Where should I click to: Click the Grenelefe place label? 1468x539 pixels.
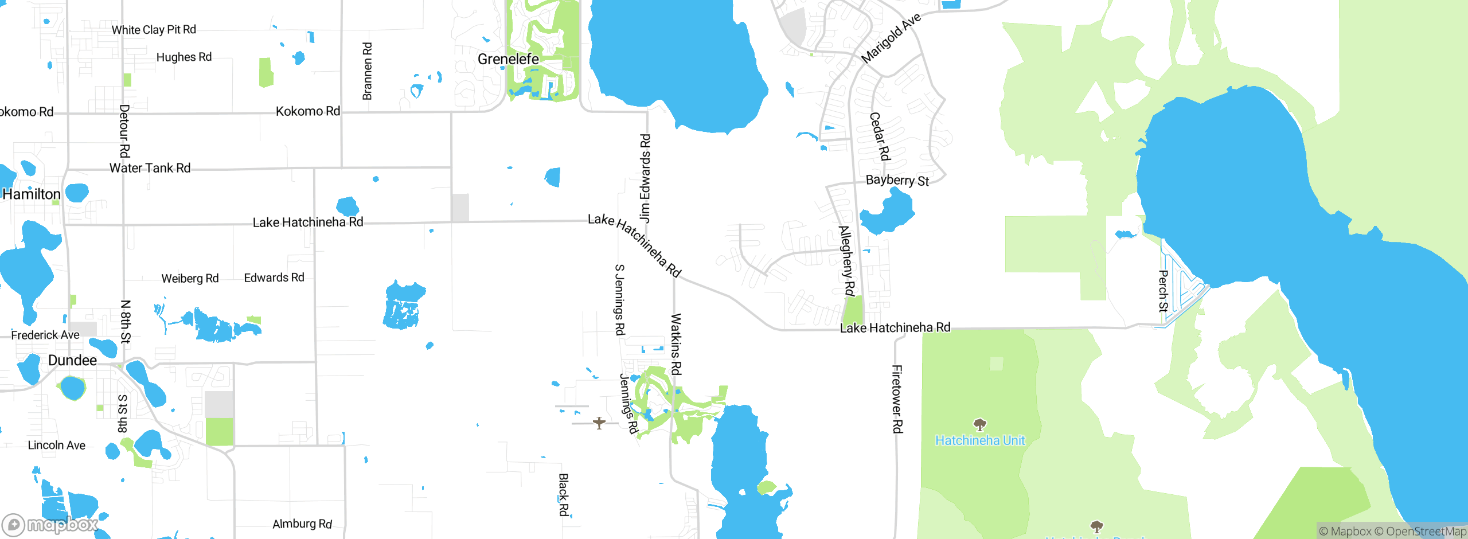[x=508, y=59]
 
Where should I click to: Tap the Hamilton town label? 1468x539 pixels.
[x=32, y=194]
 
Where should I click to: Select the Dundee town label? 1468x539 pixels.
[x=72, y=360]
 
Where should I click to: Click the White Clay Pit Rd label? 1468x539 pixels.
[x=154, y=29]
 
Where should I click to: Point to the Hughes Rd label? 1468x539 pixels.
[x=184, y=57]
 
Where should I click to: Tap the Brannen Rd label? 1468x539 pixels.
[x=368, y=71]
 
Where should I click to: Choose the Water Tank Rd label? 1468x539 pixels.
[x=150, y=168]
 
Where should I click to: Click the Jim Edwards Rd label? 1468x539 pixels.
[x=645, y=178]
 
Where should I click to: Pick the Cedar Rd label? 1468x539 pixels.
[x=880, y=136]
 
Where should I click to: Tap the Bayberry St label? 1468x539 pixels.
[x=897, y=180]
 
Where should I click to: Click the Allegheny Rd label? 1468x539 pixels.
[x=846, y=261]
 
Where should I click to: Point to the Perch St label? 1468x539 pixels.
[x=1163, y=291]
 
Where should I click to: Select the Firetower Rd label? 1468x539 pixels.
[x=897, y=399]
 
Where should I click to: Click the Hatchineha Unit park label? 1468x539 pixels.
[x=980, y=440]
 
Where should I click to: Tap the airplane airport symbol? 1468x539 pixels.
[x=599, y=423]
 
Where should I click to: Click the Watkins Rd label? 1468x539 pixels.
[x=677, y=344]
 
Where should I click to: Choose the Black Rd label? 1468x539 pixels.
[x=564, y=494]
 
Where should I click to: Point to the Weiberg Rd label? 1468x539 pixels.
[x=190, y=279]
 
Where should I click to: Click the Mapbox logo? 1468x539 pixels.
[x=50, y=524]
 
